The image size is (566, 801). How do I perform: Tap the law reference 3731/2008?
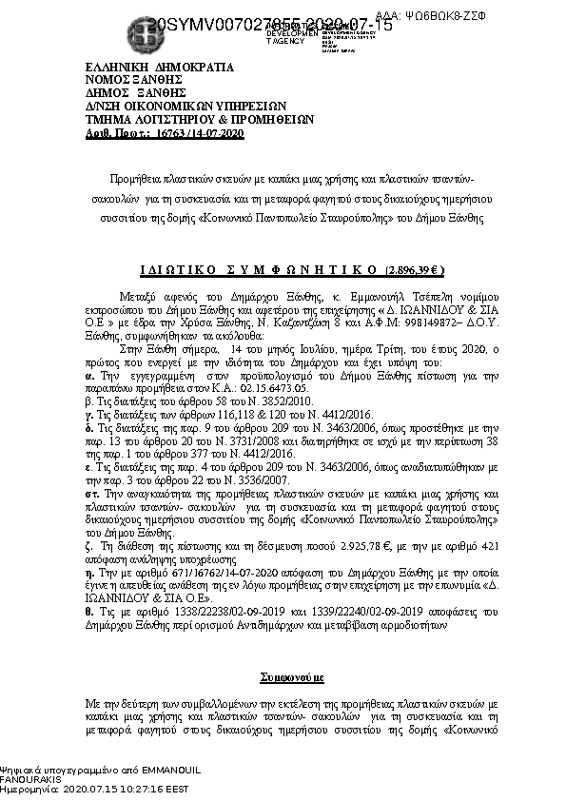point(257,442)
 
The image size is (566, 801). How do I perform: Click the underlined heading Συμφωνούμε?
point(292,678)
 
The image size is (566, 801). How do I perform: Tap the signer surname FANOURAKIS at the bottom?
point(31,778)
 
